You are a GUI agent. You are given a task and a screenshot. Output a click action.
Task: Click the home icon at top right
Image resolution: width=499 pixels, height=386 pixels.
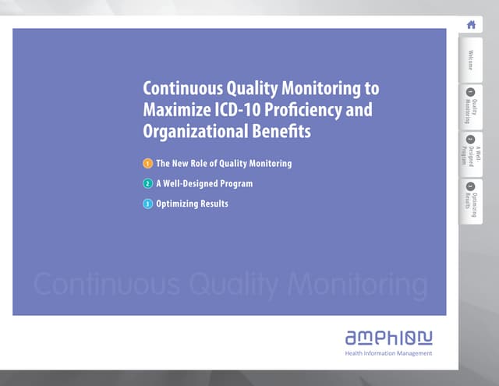point(471,24)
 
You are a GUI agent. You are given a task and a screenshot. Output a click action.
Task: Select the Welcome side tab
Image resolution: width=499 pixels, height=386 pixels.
point(471,59)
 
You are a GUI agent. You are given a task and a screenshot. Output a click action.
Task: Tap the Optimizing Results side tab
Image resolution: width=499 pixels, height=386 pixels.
point(471,200)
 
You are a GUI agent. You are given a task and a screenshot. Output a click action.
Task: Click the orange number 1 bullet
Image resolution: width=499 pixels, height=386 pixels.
point(147,164)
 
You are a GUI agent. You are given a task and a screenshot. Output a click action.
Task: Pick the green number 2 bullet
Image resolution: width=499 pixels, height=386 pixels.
point(147,184)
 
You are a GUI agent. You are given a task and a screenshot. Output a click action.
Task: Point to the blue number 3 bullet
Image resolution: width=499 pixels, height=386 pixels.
point(147,204)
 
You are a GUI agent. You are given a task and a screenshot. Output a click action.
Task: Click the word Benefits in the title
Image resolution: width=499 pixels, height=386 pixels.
point(285,132)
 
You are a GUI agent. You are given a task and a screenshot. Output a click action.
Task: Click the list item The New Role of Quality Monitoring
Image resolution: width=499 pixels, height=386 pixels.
point(224,164)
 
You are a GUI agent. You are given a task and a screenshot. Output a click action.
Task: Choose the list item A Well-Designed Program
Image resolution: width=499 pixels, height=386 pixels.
point(204,184)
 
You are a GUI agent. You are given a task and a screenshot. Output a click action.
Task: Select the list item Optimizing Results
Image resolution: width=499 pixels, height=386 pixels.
point(193,204)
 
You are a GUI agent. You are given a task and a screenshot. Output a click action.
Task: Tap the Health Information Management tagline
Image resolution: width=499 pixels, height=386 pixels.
point(388,353)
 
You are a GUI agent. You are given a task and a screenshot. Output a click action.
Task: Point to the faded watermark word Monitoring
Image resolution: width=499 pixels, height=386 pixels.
point(358,286)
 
